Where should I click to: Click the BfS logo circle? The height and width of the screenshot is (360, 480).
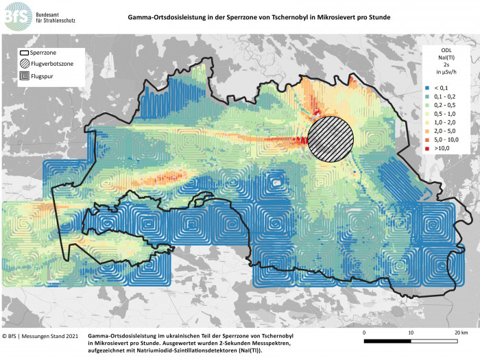click(x=16, y=16)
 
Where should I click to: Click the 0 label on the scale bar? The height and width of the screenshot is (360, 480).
click(x=364, y=333)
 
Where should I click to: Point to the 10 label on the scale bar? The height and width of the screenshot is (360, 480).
click(x=411, y=333)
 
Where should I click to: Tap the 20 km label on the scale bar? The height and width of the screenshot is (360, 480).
click(x=459, y=333)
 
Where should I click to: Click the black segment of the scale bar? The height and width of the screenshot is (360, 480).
click(x=387, y=340)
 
